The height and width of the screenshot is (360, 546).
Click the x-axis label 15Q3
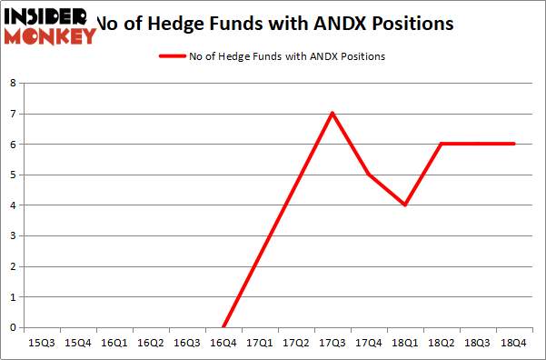pos(41,344)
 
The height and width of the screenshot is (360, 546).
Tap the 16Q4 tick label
pos(223,344)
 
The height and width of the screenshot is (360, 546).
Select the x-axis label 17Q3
pos(333,344)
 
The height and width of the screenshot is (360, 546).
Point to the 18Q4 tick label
pos(514,344)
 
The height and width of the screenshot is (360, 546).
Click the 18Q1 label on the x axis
pos(405,344)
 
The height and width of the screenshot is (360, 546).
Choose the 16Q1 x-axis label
pos(114,344)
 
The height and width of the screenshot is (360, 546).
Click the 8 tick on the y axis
pos(13,84)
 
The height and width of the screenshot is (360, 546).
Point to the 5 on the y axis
pos(13,175)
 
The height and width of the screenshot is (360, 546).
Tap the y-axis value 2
pos(13,266)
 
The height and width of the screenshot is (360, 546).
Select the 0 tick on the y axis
pos(13,327)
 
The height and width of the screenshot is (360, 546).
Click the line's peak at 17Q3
pos(333,113)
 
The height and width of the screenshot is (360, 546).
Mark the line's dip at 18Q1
pos(405,205)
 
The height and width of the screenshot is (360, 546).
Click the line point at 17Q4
pos(369,175)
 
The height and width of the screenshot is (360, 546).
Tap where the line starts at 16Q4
pos(223,327)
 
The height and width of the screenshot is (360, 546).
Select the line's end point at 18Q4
pos(514,144)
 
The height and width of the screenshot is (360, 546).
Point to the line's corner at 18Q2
pos(442,144)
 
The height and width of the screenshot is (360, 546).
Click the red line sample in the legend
pos(172,56)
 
